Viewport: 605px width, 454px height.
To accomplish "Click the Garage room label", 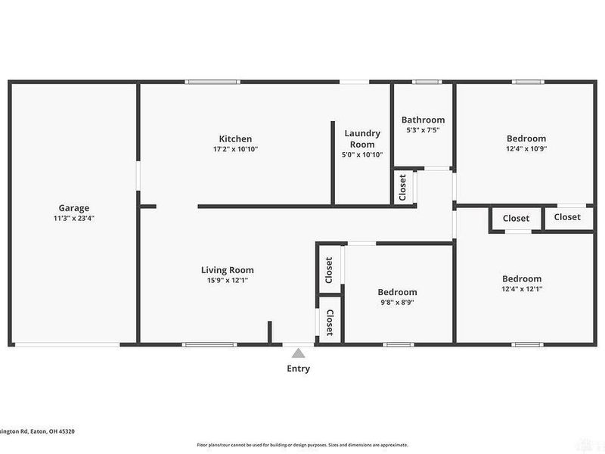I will point(74,207).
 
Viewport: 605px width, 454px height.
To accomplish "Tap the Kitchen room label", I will point(235,138).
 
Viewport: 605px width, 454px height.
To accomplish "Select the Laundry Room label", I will point(362,138).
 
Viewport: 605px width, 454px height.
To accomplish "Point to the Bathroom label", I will point(423,120).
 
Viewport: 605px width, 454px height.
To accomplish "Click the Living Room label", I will point(227,269).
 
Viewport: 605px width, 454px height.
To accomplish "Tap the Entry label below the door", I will point(298,369).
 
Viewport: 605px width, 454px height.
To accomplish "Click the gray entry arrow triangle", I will point(299,353).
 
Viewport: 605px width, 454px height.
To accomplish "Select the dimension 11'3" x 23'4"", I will point(74,218).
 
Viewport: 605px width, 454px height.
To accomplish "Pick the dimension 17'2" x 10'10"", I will point(235,149).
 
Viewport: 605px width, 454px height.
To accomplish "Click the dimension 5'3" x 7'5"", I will point(423,130).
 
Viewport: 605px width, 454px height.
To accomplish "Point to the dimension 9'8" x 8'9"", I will point(397,303).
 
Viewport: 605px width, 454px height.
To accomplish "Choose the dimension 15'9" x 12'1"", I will point(227,280).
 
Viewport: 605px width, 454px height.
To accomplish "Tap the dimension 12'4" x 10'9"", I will point(526,149).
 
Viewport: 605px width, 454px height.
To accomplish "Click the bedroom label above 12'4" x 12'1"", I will point(522,278).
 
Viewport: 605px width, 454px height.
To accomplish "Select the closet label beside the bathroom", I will point(402,188).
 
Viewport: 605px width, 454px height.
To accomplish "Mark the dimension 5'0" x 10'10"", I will point(362,154).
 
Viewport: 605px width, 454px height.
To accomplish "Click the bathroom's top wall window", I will point(426,82).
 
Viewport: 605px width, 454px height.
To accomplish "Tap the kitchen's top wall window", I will point(210,82).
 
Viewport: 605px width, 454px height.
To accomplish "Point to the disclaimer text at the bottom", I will point(302,445).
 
